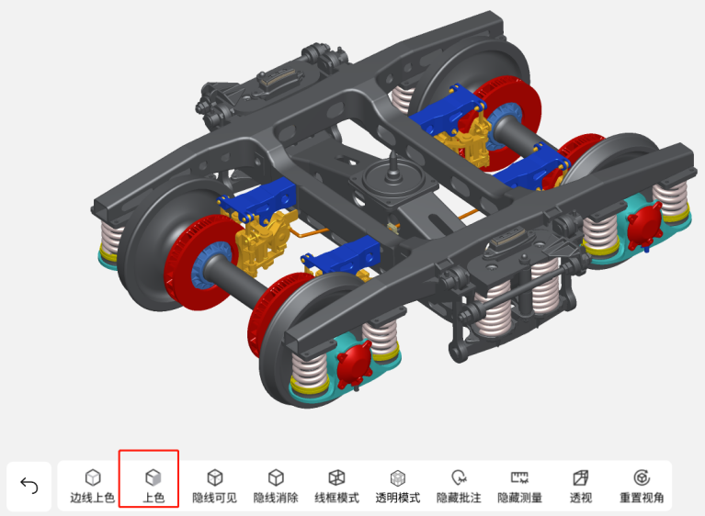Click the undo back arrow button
pos(29,486)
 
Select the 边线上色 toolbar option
pos(93,487)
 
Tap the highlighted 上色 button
pos(154,487)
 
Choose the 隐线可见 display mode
pos(214,487)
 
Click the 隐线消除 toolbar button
pos(276,487)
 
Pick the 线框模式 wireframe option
pos(336,487)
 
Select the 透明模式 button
pos(398,487)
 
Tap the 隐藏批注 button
pos(459,487)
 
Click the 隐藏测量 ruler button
pos(519,487)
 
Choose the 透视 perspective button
pos(581,487)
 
